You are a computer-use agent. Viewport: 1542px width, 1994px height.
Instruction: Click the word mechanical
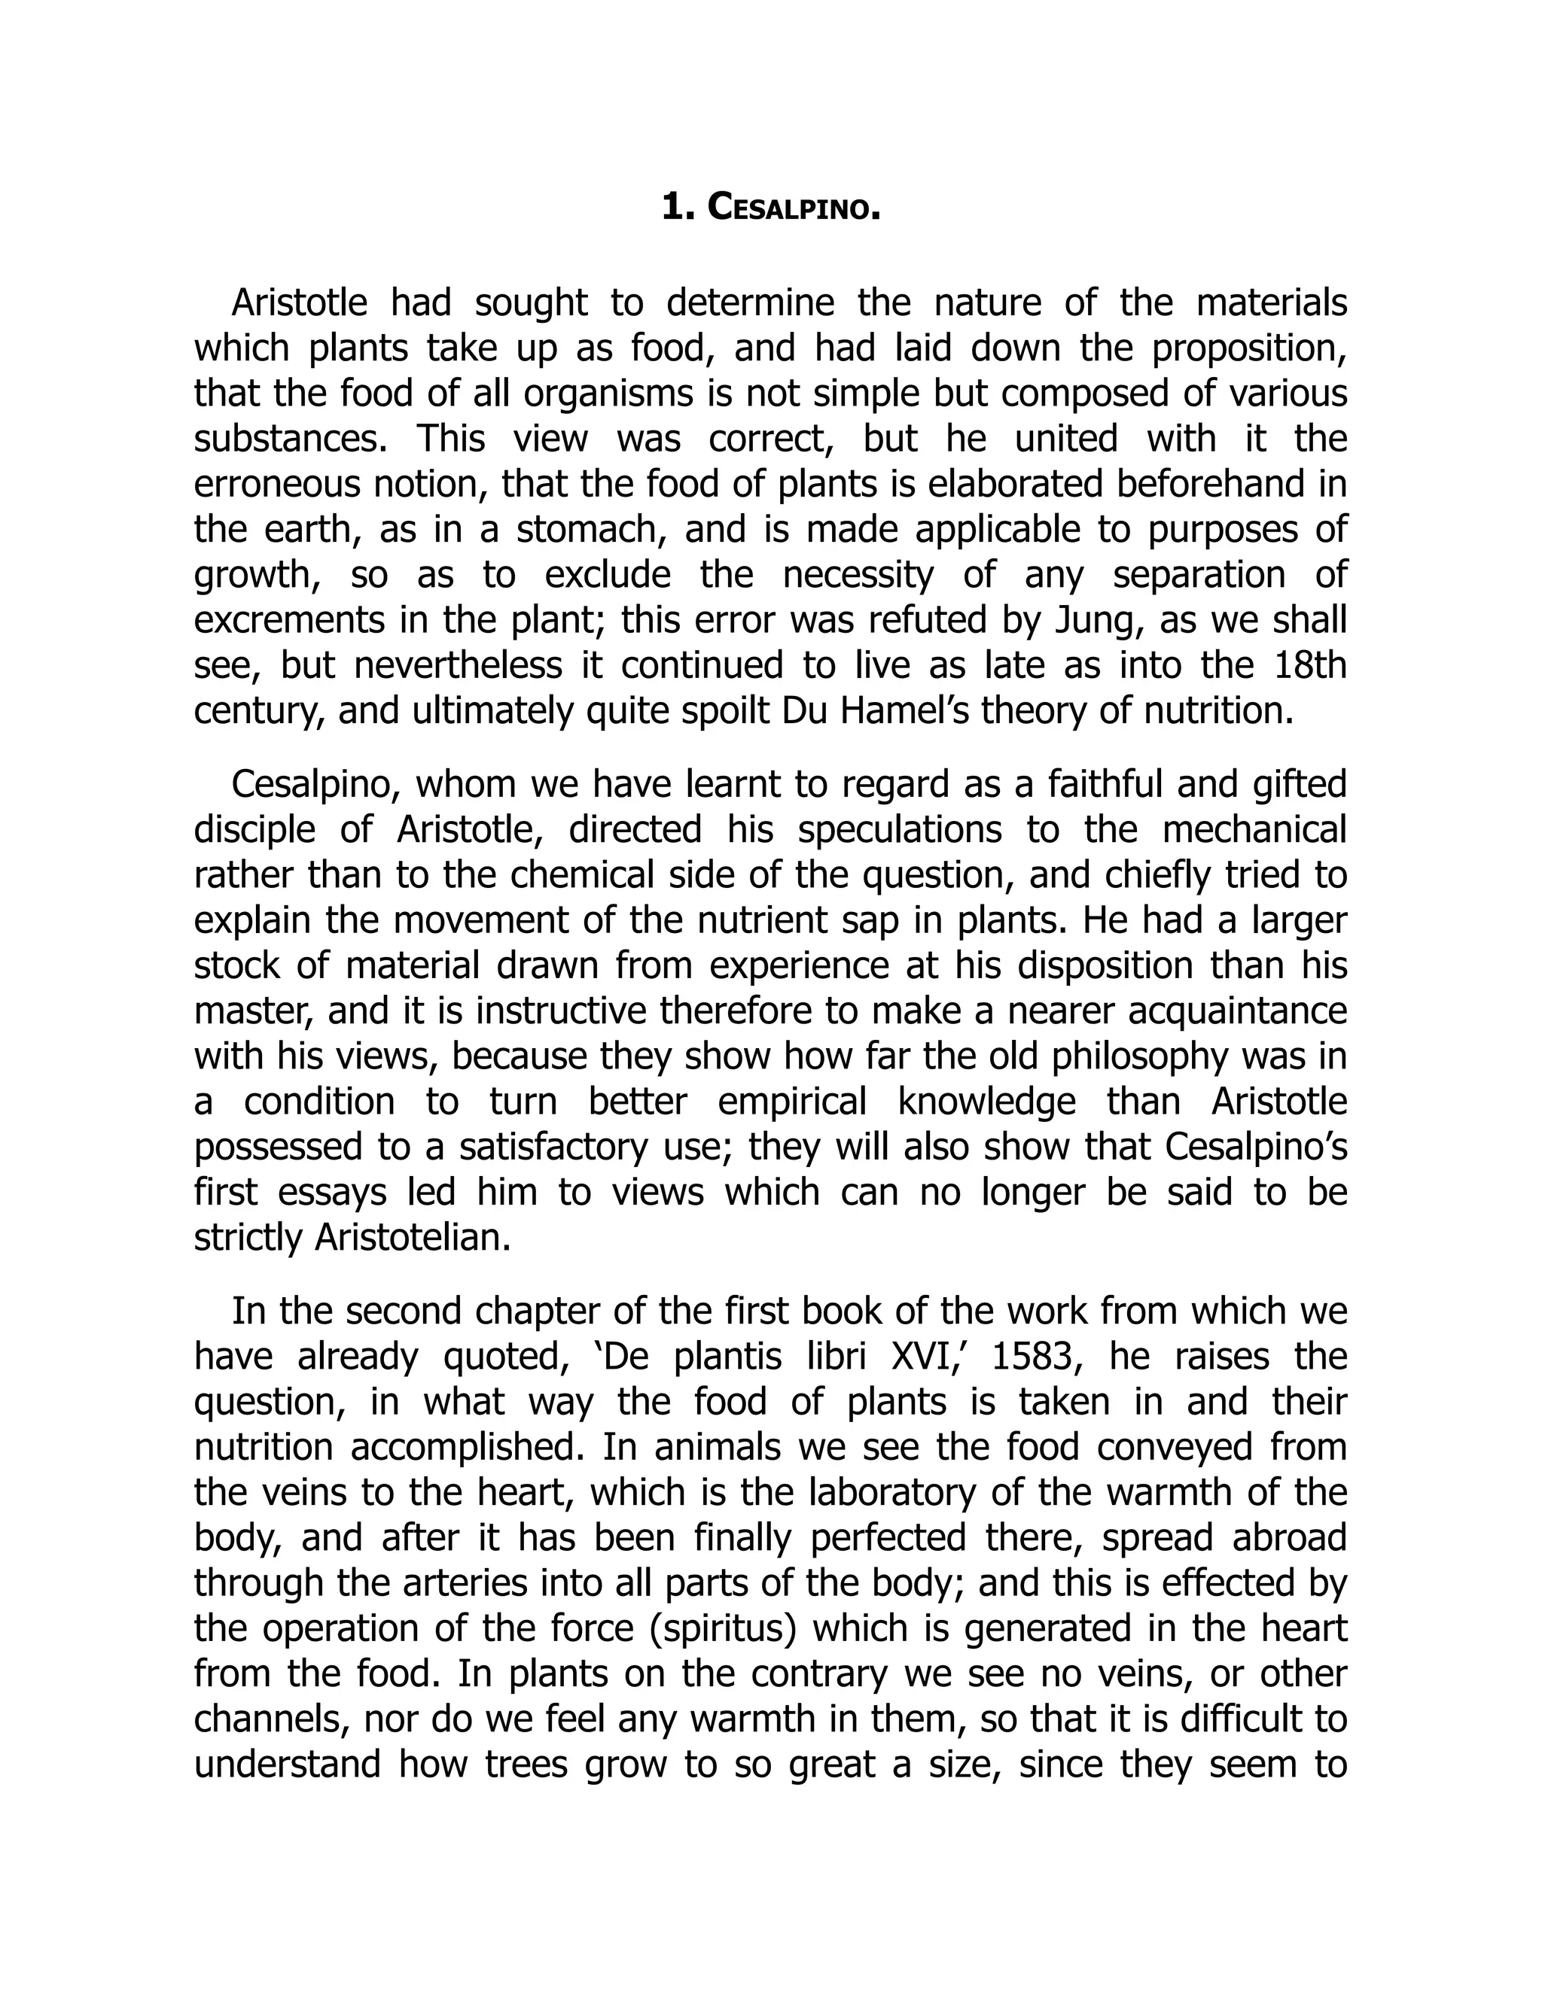tap(1254, 829)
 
